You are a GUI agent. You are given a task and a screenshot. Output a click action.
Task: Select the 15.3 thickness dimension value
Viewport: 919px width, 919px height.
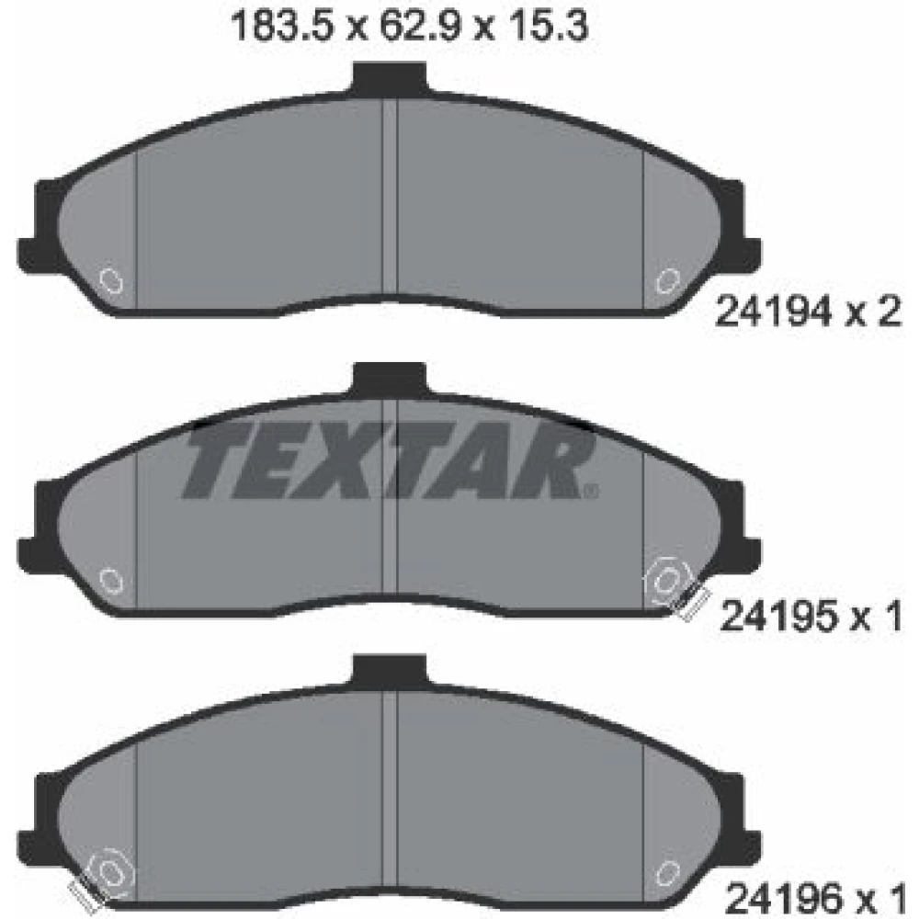(x=546, y=27)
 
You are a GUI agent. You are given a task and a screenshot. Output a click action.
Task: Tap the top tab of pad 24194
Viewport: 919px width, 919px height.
(x=389, y=78)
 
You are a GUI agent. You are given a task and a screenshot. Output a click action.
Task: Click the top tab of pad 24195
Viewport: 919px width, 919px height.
(x=389, y=379)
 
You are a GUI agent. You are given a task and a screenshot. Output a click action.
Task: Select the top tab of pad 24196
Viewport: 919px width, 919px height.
(x=389, y=671)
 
